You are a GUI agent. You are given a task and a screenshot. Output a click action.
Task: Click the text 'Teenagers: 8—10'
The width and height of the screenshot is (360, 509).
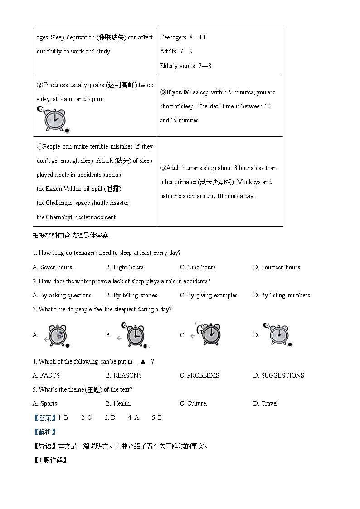click(x=183, y=38)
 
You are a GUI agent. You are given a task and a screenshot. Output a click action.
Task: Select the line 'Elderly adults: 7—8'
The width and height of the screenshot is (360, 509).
click(x=185, y=66)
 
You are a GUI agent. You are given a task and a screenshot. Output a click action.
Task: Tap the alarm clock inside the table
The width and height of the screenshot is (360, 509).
click(x=54, y=120)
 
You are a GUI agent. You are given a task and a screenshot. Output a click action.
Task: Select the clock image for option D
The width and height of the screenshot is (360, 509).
click(x=279, y=335)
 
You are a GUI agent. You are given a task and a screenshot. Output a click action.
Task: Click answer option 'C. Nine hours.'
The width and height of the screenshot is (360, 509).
click(x=199, y=267)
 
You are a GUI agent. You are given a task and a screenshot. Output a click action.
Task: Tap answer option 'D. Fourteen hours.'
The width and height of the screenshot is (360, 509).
click(x=277, y=267)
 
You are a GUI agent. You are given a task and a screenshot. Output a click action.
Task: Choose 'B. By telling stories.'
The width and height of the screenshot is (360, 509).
click(x=132, y=296)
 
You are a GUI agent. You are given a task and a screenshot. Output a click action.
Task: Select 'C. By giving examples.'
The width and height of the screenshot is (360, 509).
click(x=209, y=296)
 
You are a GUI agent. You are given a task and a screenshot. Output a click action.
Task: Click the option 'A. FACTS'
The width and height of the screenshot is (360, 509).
click(x=46, y=376)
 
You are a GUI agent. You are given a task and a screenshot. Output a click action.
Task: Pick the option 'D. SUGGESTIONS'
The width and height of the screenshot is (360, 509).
click(x=278, y=376)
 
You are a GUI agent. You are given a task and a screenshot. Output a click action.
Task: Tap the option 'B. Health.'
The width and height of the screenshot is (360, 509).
click(x=118, y=404)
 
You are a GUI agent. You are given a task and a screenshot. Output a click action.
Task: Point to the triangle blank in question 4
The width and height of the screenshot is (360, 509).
click(x=143, y=362)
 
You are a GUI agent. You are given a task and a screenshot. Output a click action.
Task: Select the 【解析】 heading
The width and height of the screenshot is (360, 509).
click(x=44, y=432)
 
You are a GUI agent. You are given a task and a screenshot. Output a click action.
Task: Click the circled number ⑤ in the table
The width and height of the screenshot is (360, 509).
click(x=163, y=168)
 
